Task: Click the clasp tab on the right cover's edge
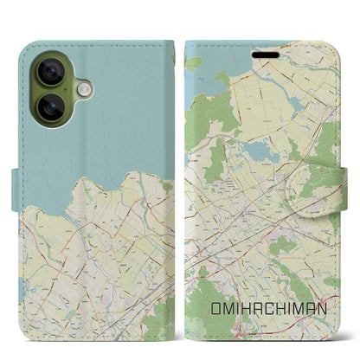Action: pyautogui.click(x=333, y=179)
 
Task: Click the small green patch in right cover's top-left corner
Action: pyautogui.click(x=195, y=63)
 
